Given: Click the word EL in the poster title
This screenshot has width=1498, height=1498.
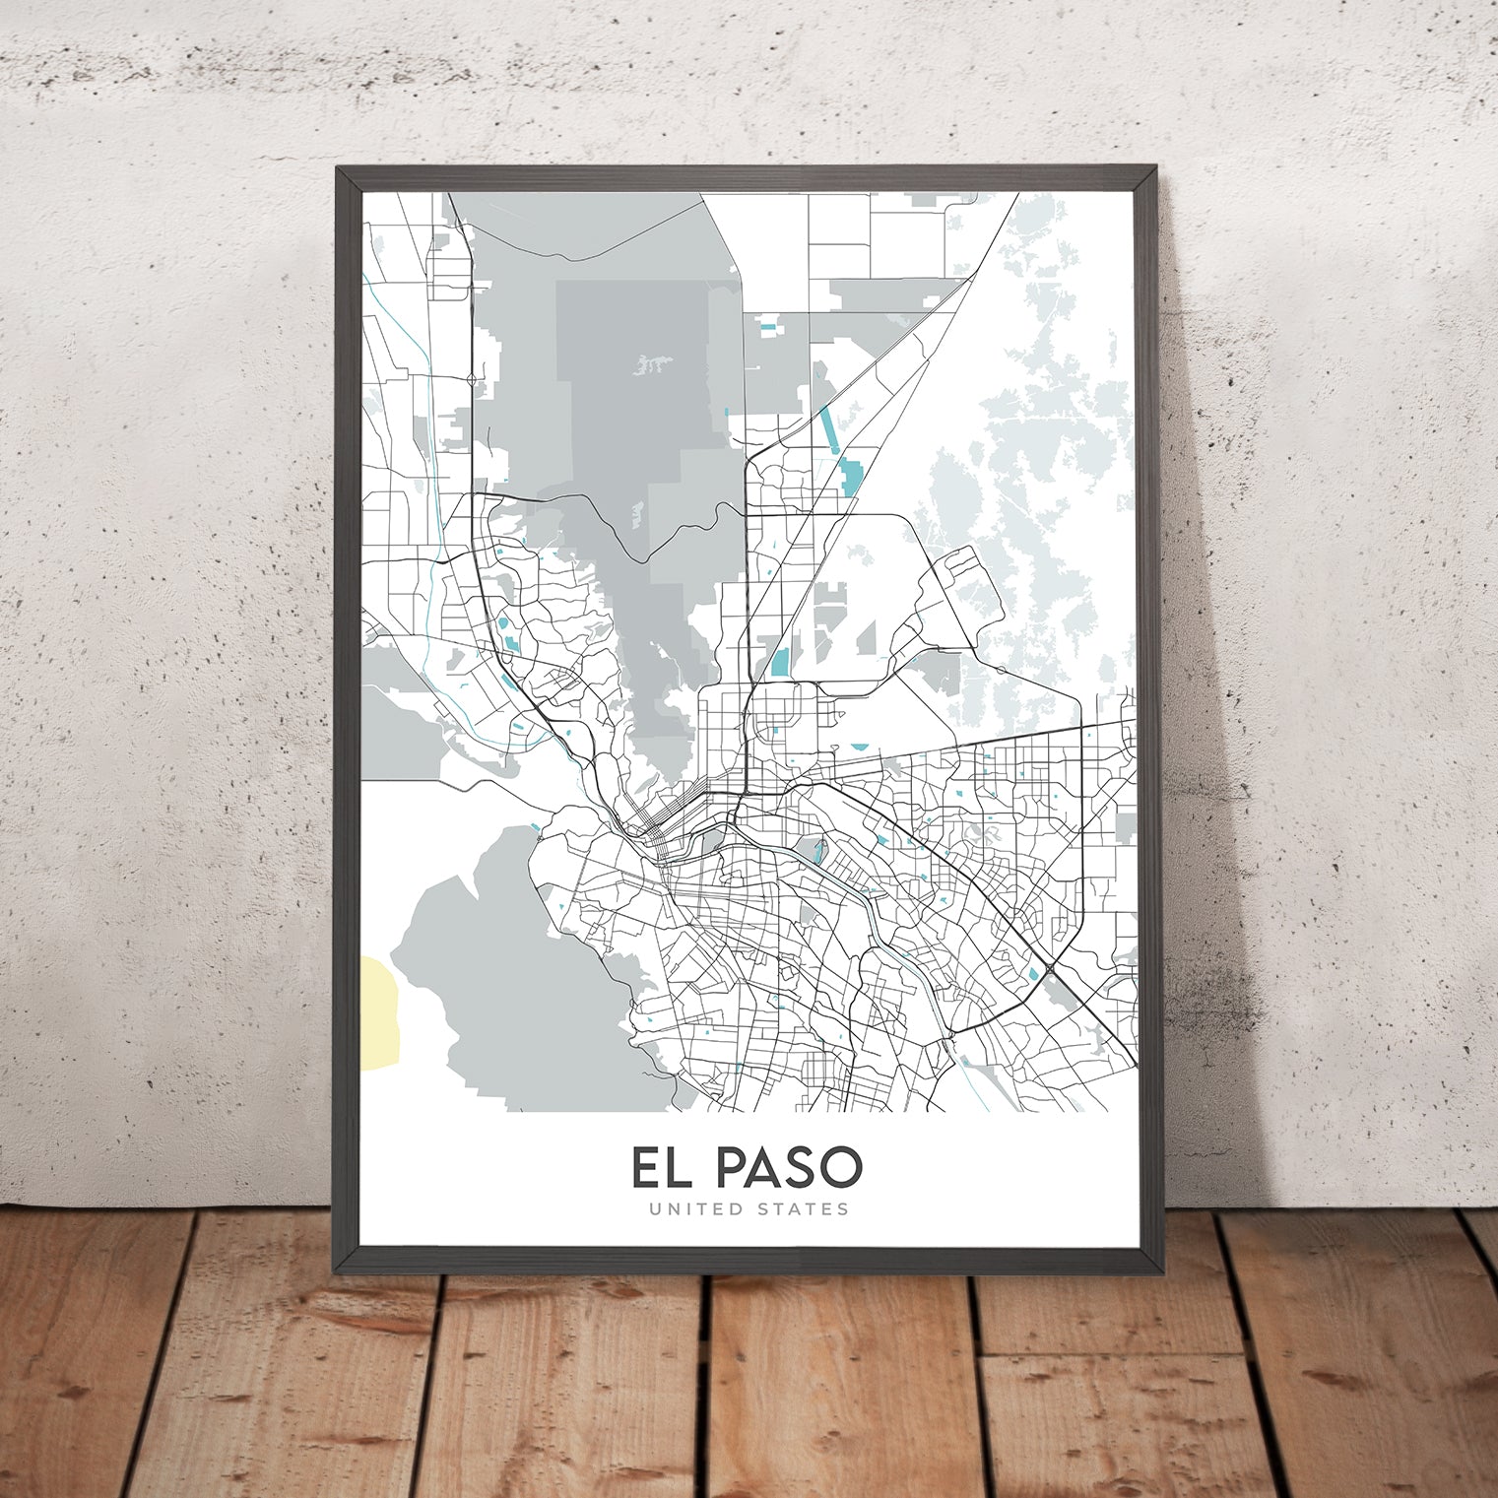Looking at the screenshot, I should (x=663, y=1168).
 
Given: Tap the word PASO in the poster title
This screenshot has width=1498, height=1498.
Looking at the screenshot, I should (x=788, y=1168).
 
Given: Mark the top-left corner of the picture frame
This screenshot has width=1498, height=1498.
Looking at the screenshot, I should (x=338, y=168).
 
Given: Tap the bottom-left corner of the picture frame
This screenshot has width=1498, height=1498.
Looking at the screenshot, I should (x=338, y=1265).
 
